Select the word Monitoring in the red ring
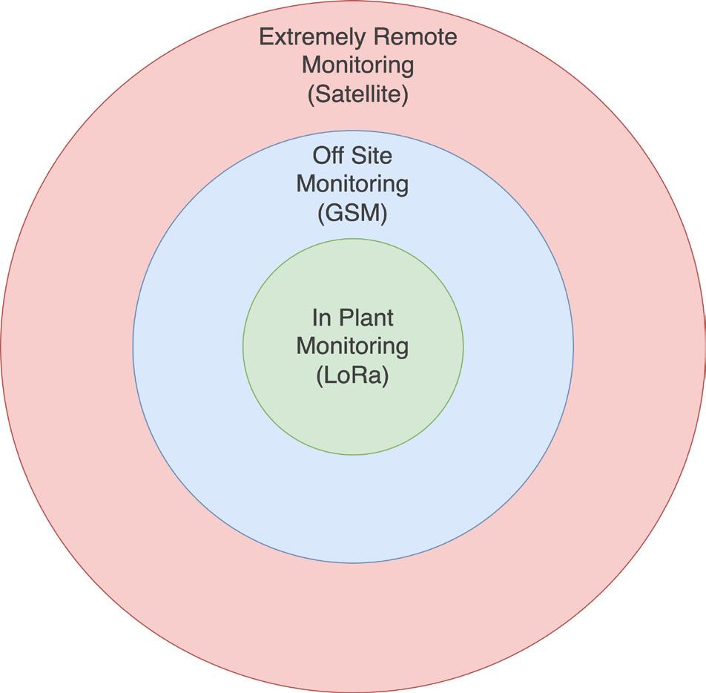pos(357,65)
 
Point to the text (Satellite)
pos(357,95)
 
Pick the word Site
pos(374,156)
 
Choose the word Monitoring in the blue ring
pos(352,184)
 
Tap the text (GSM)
pos(352,214)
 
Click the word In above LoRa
pos(320,318)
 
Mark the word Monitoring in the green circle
pos(352,346)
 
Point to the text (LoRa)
pos(352,375)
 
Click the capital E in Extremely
pos(265,36)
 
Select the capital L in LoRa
pos(328,375)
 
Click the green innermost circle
pos(353,416)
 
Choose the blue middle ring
pos(353,505)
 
